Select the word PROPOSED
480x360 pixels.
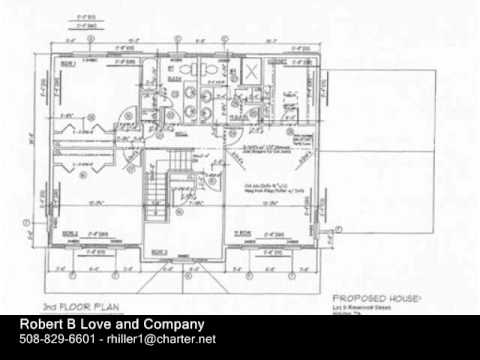pyautogui.click(x=354, y=297)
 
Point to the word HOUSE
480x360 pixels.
pyautogui.click(x=402, y=297)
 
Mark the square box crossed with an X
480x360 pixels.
pyautogui.click(x=252, y=73)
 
